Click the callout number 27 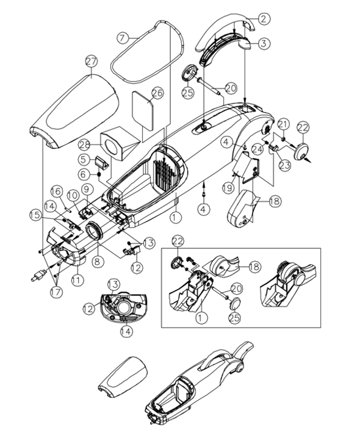click(92, 61)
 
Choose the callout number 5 click(84, 159)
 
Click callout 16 click(56, 191)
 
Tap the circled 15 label click(37, 214)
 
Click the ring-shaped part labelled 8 click(95, 232)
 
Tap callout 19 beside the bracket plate click(228, 187)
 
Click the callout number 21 click(281, 124)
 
